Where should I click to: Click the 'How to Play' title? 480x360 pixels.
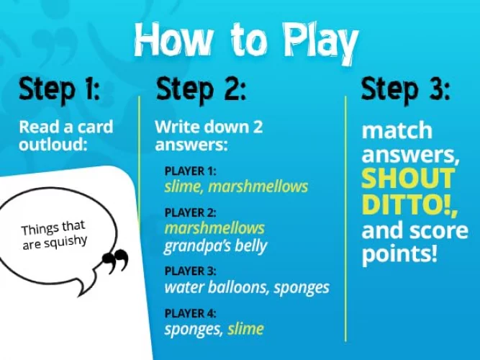click(x=245, y=42)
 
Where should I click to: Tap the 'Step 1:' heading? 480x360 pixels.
click(x=60, y=91)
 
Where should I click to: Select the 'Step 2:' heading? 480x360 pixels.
click(x=201, y=91)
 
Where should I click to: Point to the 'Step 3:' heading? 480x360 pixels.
click(x=405, y=91)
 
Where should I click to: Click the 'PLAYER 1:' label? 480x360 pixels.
click(x=190, y=171)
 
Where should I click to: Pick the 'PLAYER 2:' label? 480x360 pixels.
click(x=190, y=212)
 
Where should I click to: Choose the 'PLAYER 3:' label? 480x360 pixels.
click(x=190, y=271)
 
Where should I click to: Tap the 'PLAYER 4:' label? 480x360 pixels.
click(x=190, y=313)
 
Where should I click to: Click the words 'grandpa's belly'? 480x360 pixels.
click(x=215, y=246)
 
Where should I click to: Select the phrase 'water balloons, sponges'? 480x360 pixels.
click(x=246, y=287)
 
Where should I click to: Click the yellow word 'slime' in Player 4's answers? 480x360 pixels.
click(x=246, y=329)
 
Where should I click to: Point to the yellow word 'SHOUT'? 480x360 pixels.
click(x=408, y=179)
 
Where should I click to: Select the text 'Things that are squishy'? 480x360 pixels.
click(x=54, y=235)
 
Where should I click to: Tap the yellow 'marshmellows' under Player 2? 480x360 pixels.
click(x=214, y=228)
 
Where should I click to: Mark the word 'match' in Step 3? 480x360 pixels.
click(x=397, y=131)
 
